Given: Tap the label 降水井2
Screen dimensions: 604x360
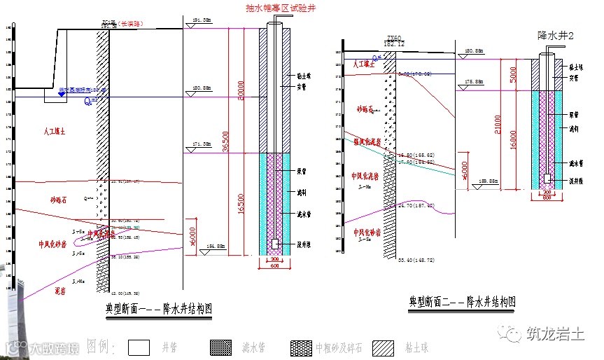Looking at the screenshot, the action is pyautogui.click(x=555, y=35).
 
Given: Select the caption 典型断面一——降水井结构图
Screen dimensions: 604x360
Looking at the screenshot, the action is pyautogui.click(x=158, y=308).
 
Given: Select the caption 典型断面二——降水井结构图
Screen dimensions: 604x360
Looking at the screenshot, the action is pyautogui.click(x=462, y=302).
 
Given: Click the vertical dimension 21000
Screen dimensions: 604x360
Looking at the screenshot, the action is pyautogui.click(x=498, y=123).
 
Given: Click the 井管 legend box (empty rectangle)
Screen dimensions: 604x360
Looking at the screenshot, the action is pyautogui.click(x=141, y=347).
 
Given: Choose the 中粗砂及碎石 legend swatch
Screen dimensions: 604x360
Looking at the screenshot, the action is pyautogui.click(x=302, y=347).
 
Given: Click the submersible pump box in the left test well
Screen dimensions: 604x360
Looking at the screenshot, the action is pyautogui.click(x=276, y=244).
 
